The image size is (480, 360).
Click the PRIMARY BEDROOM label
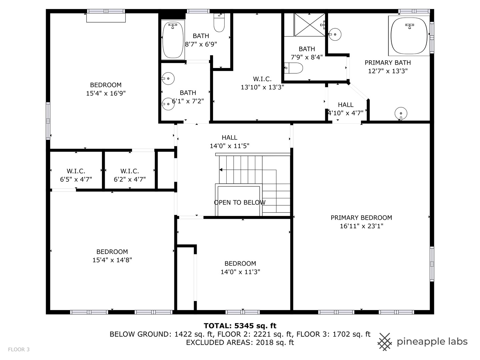[x=361, y=218]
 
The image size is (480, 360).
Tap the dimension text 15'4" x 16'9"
[x=106, y=93]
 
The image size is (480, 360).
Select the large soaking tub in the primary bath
[x=409, y=36]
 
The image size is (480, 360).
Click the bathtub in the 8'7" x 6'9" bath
[x=173, y=40]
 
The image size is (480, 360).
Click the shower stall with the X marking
[x=309, y=24]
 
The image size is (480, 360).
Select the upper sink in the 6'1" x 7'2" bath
[x=168, y=79]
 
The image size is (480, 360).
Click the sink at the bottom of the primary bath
[x=401, y=113]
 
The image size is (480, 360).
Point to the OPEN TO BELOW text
[x=240, y=202]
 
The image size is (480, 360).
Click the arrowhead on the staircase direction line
[x=221, y=170]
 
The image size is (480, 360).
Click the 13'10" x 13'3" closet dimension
[x=262, y=87]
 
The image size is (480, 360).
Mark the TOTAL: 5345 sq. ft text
[x=240, y=326]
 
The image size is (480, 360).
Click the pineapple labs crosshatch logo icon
[x=385, y=342]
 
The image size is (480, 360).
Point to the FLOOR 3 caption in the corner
[x=19, y=349]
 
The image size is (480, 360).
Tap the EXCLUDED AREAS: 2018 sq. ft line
[x=240, y=343]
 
